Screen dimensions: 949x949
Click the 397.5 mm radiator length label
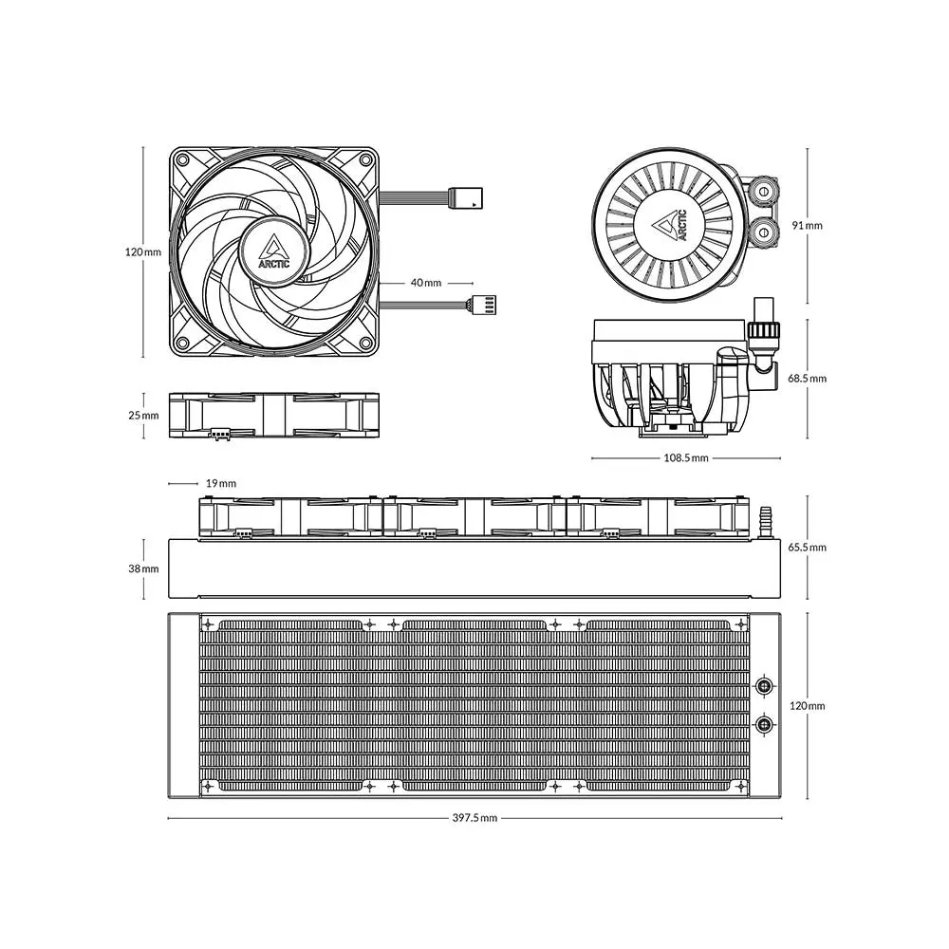click(x=474, y=818)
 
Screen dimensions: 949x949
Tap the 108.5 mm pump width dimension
click(x=686, y=457)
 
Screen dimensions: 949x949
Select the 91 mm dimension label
click(x=808, y=225)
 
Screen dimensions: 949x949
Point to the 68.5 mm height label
click(x=807, y=379)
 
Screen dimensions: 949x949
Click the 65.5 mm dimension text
click(x=807, y=548)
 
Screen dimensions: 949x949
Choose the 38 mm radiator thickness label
click(x=143, y=568)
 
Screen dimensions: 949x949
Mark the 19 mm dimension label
click(x=221, y=483)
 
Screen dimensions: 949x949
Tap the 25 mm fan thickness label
click(x=143, y=416)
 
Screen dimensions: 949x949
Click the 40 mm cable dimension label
click(x=426, y=283)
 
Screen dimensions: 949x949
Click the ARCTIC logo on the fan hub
click(x=274, y=252)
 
